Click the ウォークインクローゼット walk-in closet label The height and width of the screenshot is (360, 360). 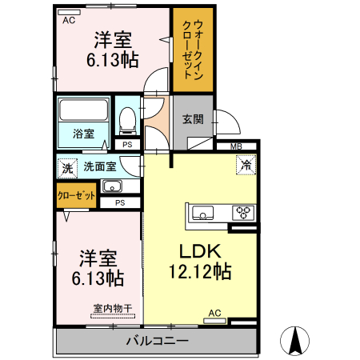[x=193, y=50]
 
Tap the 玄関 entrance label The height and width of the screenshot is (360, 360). [x=192, y=120]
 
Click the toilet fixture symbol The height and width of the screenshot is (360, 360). [x=126, y=119]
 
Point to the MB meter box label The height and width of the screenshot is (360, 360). [x=237, y=146]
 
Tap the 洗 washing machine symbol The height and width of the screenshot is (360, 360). [x=67, y=168]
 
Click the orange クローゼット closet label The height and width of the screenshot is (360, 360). [x=77, y=195]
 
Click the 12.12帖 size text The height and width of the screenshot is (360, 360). [x=199, y=272]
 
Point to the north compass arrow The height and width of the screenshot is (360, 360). [x=295, y=342]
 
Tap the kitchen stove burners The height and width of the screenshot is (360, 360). [x=242, y=213]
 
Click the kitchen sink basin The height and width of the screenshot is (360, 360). [x=202, y=214]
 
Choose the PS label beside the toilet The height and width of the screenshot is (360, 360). [x=127, y=144]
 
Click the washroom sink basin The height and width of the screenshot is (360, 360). [x=112, y=188]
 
